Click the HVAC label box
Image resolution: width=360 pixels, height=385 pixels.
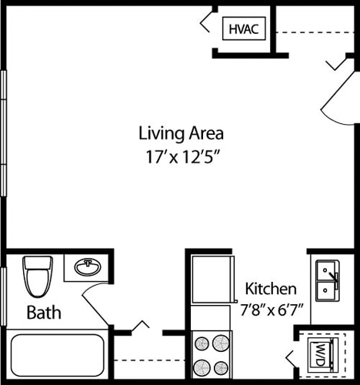[x=244, y=29]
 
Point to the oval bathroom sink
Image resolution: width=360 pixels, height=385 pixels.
[x=88, y=268]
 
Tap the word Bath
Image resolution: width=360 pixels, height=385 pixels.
[x=44, y=313]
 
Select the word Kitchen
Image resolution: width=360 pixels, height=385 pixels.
[x=271, y=289]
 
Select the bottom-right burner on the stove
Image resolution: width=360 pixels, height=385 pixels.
[x=222, y=367]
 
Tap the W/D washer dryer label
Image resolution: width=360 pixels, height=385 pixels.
[x=319, y=354]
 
